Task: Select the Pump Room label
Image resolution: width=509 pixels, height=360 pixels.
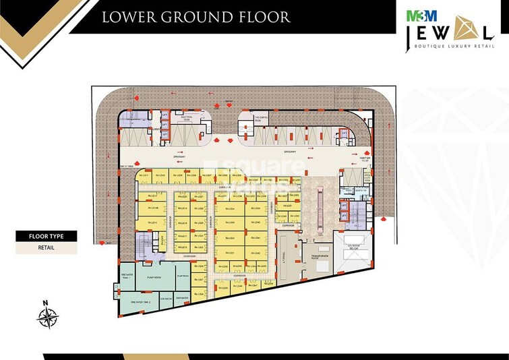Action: (x=154, y=277)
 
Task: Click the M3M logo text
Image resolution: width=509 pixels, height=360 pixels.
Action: (x=416, y=13)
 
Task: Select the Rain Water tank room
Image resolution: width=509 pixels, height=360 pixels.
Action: (x=181, y=297)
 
